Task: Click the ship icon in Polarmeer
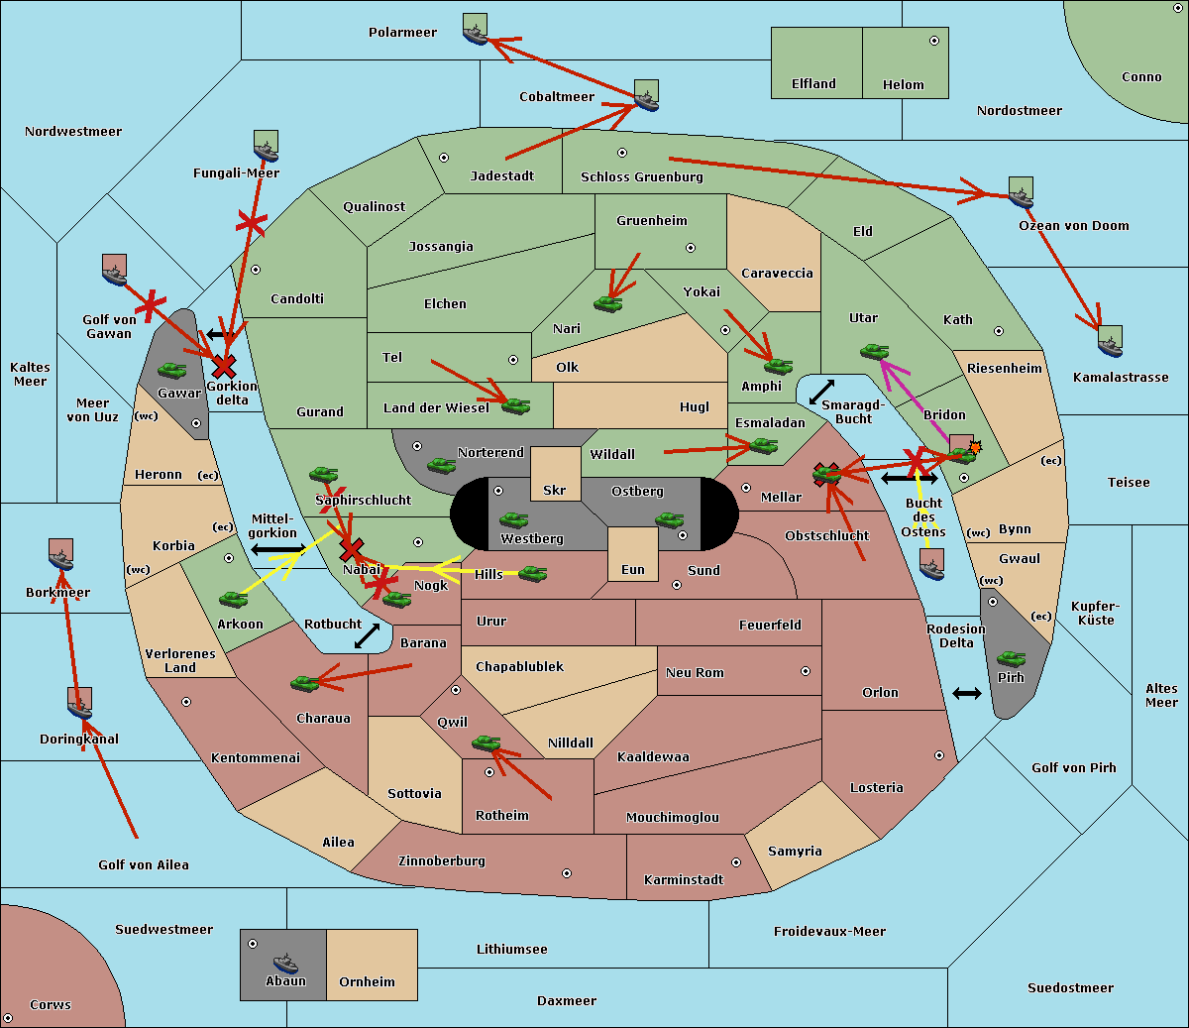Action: click(x=476, y=31)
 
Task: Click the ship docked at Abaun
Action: click(x=285, y=963)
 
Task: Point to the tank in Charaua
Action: click(x=304, y=682)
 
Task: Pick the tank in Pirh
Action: click(x=1011, y=659)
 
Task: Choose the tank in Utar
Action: click(x=874, y=351)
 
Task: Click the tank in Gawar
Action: click(x=172, y=371)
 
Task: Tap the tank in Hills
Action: click(x=533, y=573)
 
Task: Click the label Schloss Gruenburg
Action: click(x=641, y=177)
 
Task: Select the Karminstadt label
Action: click(x=684, y=880)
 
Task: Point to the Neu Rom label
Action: click(x=695, y=673)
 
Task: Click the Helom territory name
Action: click(x=903, y=85)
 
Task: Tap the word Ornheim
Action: click(x=367, y=982)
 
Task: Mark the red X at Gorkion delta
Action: click(x=224, y=366)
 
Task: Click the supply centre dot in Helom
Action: click(x=933, y=41)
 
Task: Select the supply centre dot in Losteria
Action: click(x=938, y=755)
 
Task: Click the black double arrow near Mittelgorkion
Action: click(x=277, y=549)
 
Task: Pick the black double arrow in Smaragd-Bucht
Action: click(x=821, y=392)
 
